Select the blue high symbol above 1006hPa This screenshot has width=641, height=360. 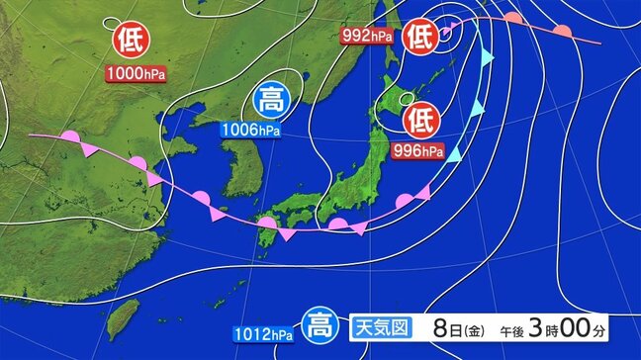pyautogui.click(x=268, y=100)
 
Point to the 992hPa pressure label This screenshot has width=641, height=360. pyautogui.click(x=366, y=36)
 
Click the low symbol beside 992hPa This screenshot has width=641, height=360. pyautogui.click(x=419, y=37)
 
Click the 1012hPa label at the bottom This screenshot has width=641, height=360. pyautogui.click(x=265, y=331)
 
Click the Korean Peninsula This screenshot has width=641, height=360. pyautogui.click(x=233, y=163)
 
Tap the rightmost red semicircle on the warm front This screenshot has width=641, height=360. pyautogui.click(x=561, y=31)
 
